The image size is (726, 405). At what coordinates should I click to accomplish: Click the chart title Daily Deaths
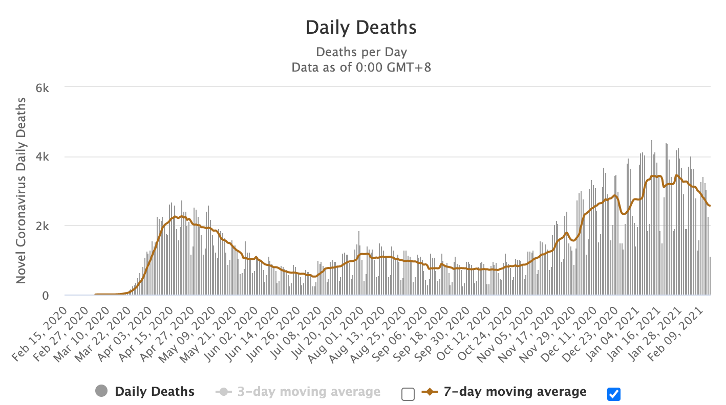pyautogui.click(x=361, y=28)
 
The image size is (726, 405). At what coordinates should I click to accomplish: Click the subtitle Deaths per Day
pyautogui.click(x=361, y=52)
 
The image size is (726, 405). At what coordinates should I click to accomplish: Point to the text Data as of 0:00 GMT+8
pyautogui.click(x=361, y=67)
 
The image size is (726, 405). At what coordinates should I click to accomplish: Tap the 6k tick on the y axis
pyautogui.click(x=41, y=88)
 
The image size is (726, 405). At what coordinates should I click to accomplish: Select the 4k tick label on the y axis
pyautogui.click(x=41, y=157)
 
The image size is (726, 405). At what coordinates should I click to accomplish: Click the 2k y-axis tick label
pyautogui.click(x=41, y=226)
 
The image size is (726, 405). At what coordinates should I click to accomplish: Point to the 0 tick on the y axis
pyautogui.click(x=45, y=296)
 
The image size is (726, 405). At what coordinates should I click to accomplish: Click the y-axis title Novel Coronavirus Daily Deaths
pyautogui.click(x=21, y=190)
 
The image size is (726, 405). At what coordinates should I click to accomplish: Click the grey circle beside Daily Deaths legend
pyautogui.click(x=101, y=392)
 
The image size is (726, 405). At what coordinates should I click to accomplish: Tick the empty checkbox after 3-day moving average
pyautogui.click(x=408, y=394)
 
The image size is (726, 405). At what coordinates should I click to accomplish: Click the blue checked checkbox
pyautogui.click(x=613, y=394)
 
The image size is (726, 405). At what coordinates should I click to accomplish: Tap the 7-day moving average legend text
pyautogui.click(x=515, y=392)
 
